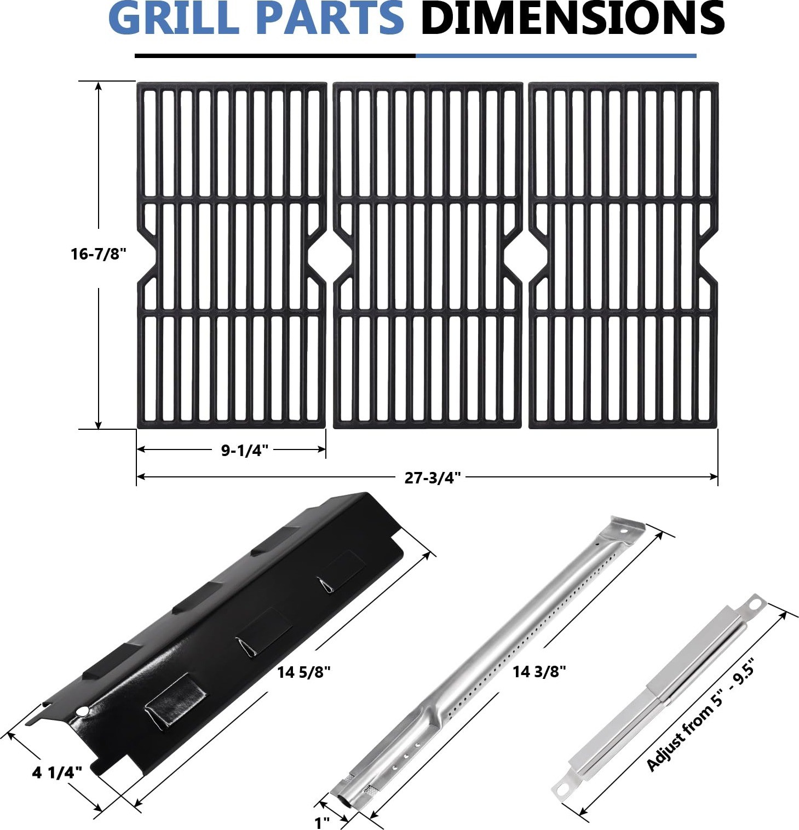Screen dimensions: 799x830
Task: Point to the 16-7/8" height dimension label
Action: click(x=99, y=254)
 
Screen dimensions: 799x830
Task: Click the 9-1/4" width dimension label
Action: click(x=245, y=451)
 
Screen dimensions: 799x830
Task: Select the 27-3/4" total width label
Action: click(x=433, y=478)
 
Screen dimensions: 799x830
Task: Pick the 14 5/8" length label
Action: click(x=304, y=672)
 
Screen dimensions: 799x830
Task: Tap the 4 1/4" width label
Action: click(x=58, y=773)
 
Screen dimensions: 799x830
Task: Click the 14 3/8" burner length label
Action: click(x=539, y=671)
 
